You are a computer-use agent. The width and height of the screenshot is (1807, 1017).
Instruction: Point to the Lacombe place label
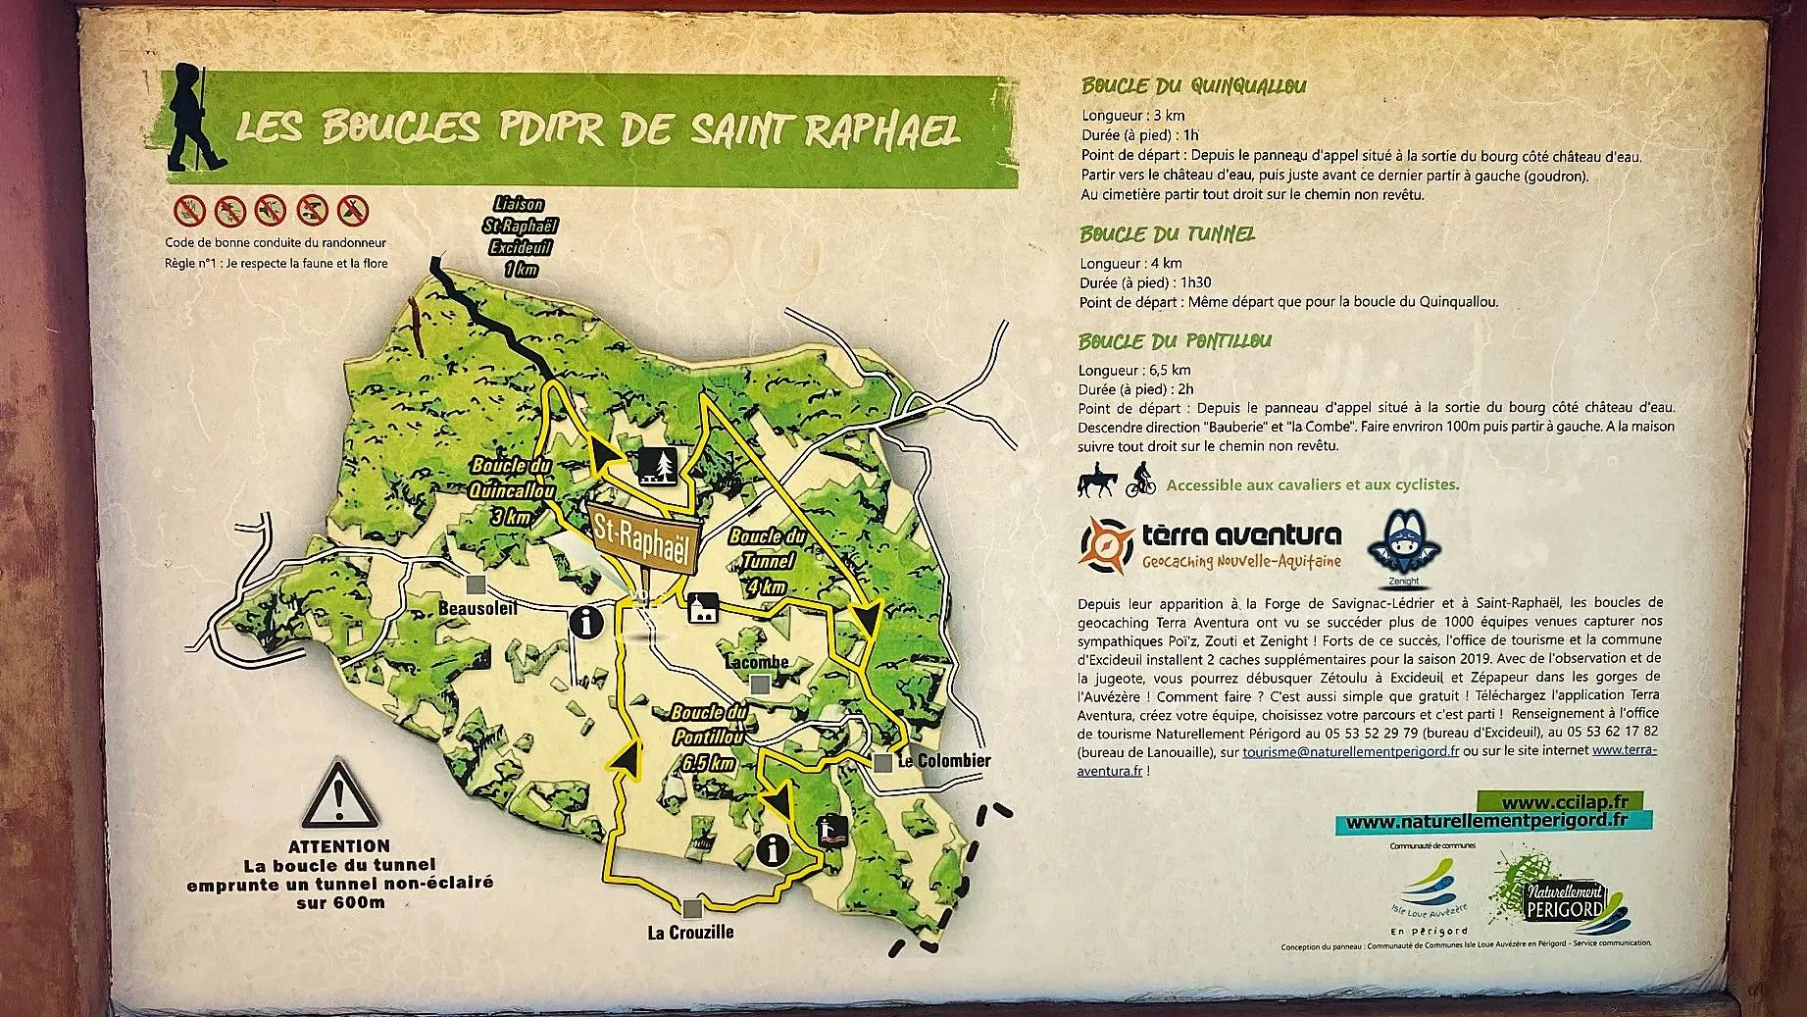point(756,663)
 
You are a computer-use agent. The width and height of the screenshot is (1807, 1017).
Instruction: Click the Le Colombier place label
point(943,761)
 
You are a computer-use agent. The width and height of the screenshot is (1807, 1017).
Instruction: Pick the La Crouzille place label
point(690,932)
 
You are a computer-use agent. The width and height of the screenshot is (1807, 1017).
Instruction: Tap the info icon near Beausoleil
point(586,621)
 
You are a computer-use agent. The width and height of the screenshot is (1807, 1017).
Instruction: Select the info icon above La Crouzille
point(775,850)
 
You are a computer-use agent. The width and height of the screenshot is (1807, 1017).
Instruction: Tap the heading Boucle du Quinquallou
point(1193,86)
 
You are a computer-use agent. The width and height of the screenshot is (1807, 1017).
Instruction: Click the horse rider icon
point(1095,482)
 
